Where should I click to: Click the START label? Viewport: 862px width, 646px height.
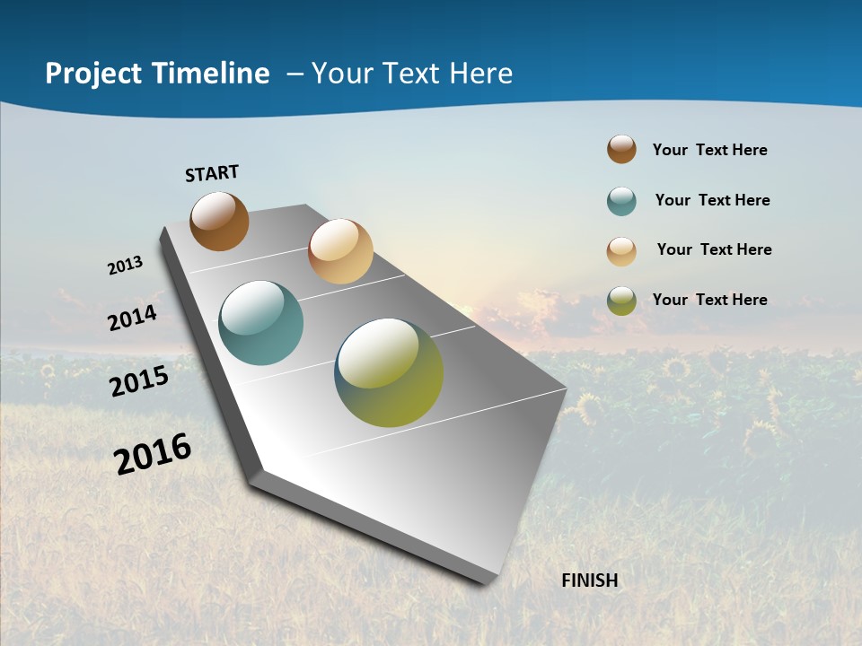click(212, 173)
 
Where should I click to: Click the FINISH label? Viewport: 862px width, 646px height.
click(590, 581)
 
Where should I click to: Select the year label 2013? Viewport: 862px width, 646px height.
click(126, 266)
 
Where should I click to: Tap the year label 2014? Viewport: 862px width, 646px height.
click(133, 318)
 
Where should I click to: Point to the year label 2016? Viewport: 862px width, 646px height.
click(153, 454)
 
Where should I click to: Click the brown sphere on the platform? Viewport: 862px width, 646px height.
click(220, 221)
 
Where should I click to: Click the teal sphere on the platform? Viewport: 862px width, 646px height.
click(260, 323)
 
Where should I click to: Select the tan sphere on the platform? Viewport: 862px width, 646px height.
click(340, 251)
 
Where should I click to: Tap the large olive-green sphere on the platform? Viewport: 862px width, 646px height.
click(389, 372)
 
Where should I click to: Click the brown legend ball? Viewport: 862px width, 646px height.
click(621, 149)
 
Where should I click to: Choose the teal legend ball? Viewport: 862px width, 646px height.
click(621, 201)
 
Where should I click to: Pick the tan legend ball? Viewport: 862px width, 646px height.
click(621, 250)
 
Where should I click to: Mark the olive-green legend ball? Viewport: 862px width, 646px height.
click(621, 301)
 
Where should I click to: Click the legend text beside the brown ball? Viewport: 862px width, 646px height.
click(709, 150)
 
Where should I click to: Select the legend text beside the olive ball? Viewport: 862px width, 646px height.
click(709, 300)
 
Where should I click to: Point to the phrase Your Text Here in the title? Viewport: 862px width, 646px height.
click(412, 74)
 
